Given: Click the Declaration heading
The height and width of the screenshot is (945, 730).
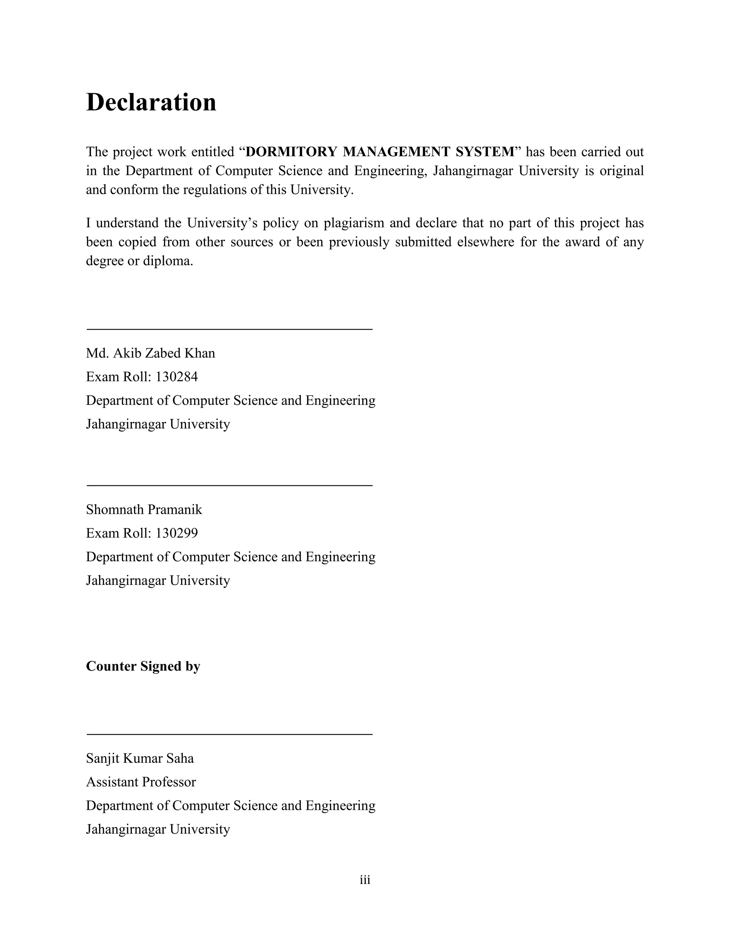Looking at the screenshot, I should tap(151, 103).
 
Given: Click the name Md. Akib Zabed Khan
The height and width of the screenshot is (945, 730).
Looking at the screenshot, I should tap(150, 353).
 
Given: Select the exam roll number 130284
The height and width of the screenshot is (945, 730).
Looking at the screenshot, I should tap(176, 377).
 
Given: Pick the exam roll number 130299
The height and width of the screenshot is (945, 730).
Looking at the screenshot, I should tap(176, 533).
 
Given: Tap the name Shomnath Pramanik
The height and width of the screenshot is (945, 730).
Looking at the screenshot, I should tap(144, 510).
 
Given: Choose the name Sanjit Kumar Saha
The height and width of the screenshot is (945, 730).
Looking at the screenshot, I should tap(140, 758).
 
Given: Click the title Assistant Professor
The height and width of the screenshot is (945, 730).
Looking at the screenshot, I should tap(141, 782).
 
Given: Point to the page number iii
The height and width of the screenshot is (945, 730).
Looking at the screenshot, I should tap(365, 880).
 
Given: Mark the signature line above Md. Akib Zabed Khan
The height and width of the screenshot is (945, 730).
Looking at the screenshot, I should tap(229, 329).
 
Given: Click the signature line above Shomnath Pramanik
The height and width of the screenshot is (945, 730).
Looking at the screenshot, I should tap(229, 485).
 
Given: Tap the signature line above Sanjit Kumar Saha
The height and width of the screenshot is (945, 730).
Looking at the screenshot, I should tap(229, 734).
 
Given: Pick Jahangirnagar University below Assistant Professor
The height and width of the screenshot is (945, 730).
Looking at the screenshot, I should tap(158, 829).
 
